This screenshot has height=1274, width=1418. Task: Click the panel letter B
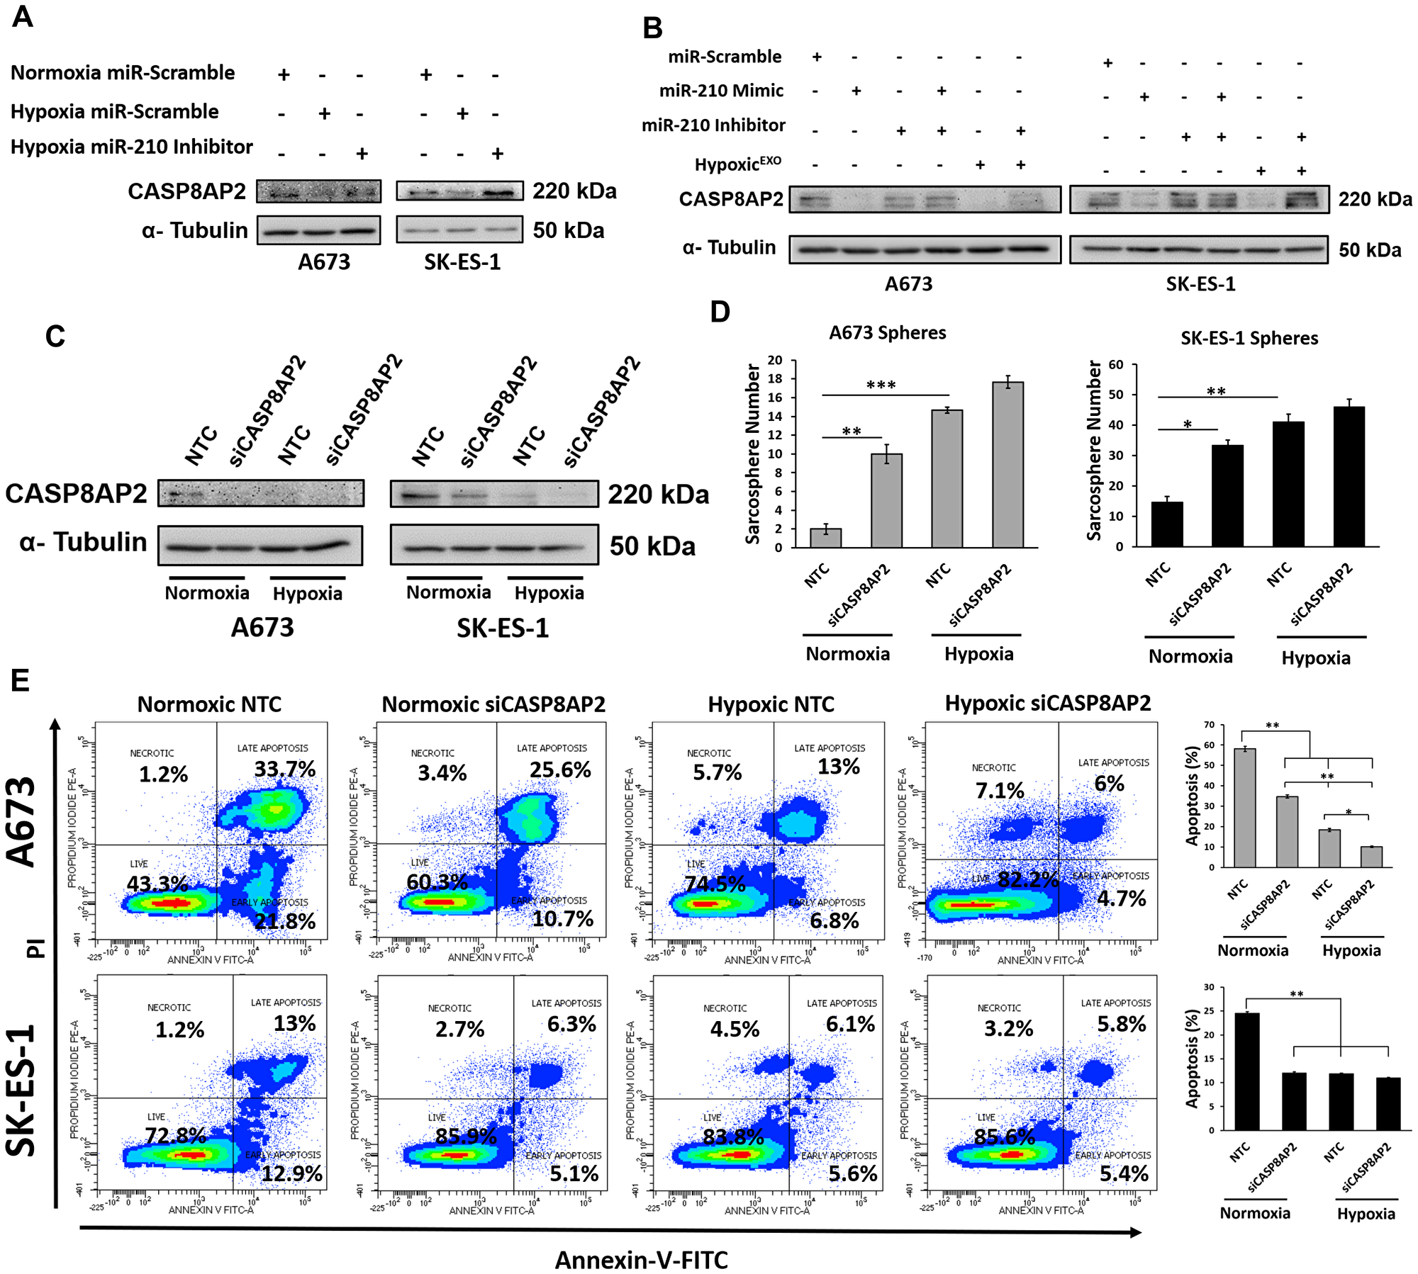click(652, 28)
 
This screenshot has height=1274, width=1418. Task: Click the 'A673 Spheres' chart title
click(887, 332)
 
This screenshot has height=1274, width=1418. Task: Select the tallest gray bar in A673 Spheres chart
click(1007, 464)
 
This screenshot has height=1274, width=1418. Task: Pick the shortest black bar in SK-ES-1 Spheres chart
click(1166, 524)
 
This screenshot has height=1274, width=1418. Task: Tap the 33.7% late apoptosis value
click(285, 769)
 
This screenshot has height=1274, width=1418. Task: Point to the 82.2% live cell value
click(1028, 879)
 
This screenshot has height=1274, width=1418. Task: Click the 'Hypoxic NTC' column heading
click(771, 704)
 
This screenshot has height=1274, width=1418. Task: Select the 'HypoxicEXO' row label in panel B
click(737, 164)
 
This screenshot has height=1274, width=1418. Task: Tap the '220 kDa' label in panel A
click(574, 191)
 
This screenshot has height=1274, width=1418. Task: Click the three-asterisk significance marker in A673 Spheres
click(881, 385)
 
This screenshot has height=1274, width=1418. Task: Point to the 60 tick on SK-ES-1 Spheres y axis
click(1116, 365)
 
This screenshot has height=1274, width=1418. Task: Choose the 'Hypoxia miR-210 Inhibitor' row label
click(132, 147)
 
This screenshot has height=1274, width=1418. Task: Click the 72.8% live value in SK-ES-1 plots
click(175, 1135)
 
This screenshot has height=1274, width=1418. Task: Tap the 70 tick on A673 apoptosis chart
click(1209, 725)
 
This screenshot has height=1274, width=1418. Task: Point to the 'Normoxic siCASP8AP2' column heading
click(493, 704)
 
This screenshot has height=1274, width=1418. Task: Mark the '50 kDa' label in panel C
click(652, 546)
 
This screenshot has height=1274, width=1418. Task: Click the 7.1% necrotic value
click(1000, 790)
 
